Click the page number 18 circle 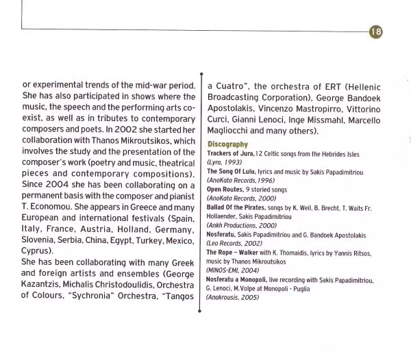click(x=376, y=31)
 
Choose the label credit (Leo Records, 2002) click(x=234, y=242)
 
